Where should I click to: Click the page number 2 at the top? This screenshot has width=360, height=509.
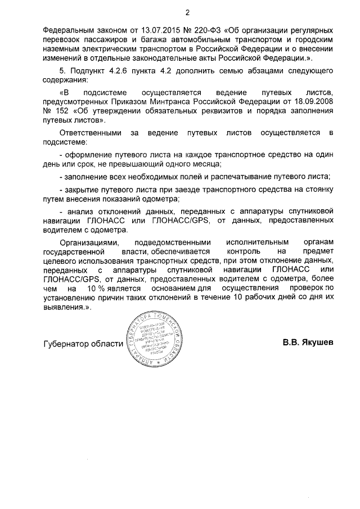tap(188, 12)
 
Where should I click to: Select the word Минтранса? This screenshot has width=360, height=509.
tap(175, 102)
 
